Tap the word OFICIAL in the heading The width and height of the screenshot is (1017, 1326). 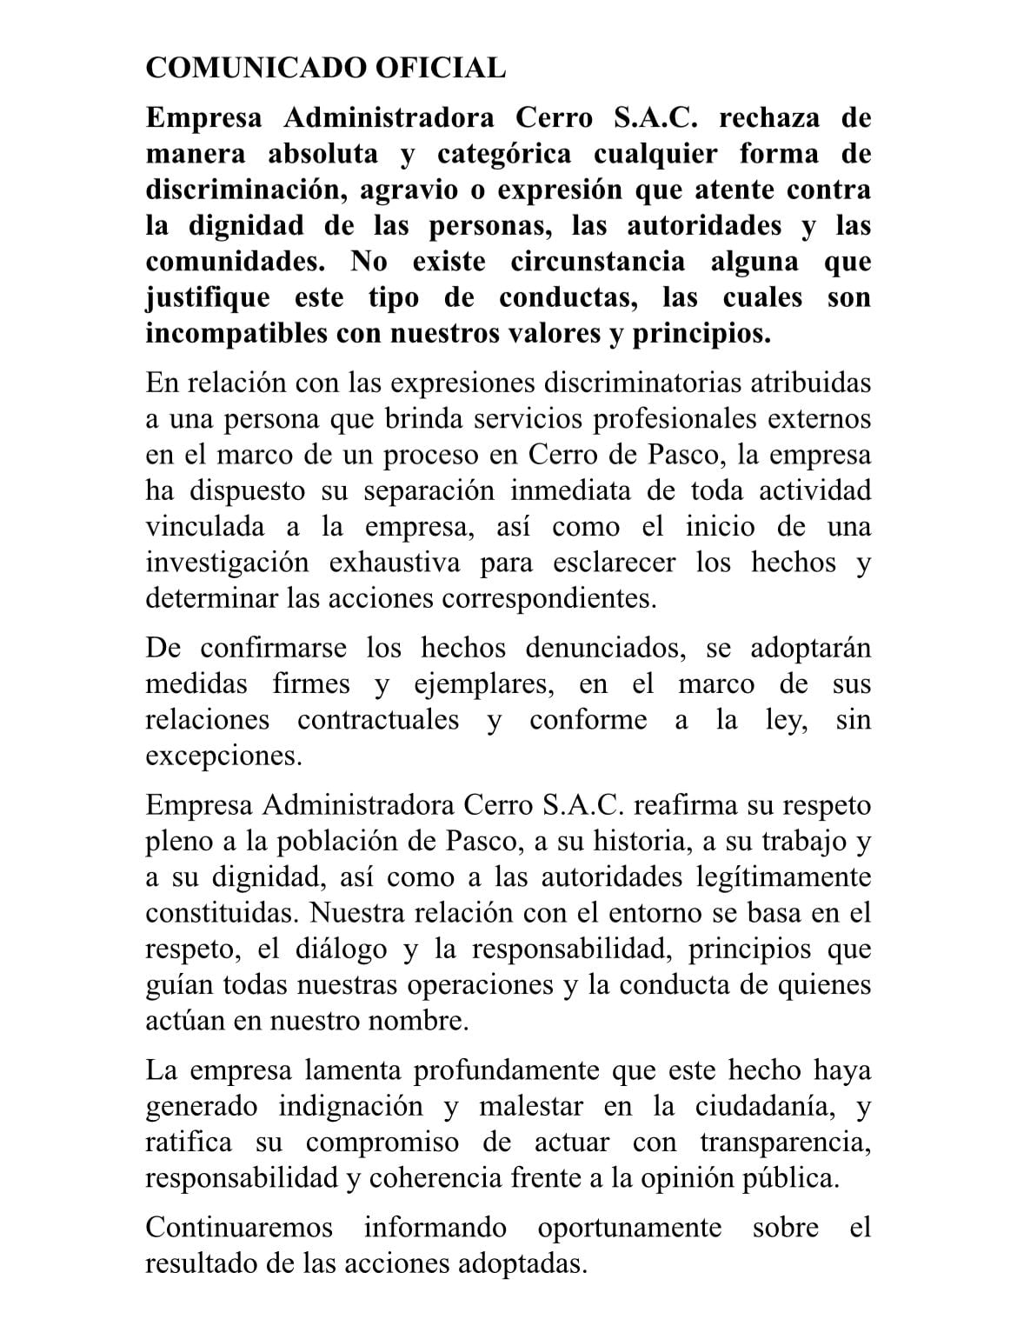click(440, 68)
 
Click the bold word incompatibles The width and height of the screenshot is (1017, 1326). click(232, 334)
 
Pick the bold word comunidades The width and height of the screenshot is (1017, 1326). click(240, 262)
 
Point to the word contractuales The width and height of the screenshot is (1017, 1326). click(378, 720)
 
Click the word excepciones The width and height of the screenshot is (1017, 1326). click(223, 756)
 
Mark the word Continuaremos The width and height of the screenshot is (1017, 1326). click(239, 1228)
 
